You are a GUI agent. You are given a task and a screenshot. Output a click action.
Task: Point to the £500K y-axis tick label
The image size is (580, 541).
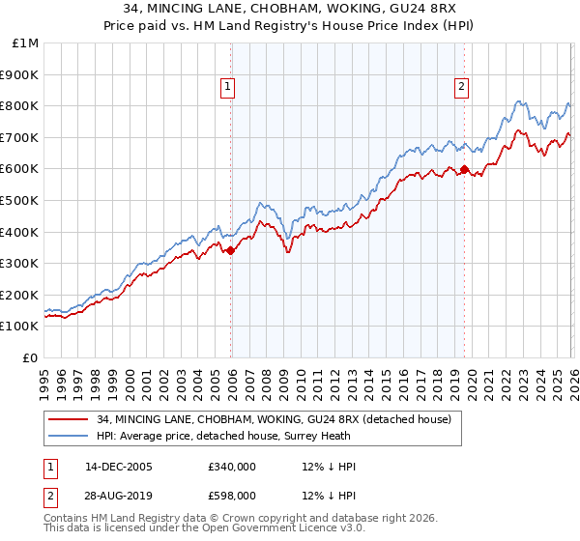click(x=20, y=200)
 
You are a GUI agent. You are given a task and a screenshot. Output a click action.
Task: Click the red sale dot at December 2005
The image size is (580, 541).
click(x=230, y=250)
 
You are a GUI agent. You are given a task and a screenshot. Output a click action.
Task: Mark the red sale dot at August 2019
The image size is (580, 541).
click(x=464, y=169)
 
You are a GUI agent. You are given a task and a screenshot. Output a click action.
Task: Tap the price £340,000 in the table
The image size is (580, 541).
click(x=231, y=467)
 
